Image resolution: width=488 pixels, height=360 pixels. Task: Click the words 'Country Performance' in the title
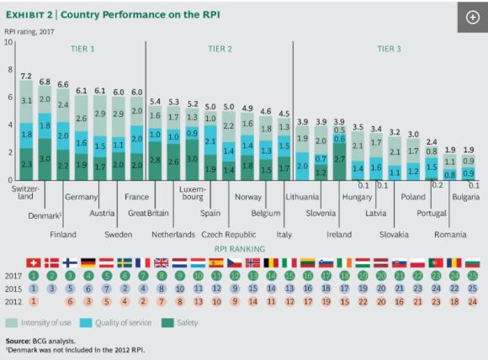(x=114, y=14)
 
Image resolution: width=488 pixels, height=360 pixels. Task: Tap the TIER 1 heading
(x=82, y=49)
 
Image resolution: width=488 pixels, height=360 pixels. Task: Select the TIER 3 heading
(x=389, y=49)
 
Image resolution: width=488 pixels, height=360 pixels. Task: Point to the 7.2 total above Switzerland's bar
(x=26, y=75)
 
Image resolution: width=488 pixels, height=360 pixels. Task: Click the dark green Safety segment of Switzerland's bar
(x=26, y=164)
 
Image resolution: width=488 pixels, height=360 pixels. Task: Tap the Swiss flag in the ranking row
(x=34, y=262)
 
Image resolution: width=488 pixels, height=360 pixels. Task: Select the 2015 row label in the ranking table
(x=13, y=289)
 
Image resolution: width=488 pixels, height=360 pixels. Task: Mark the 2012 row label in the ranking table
(x=13, y=301)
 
